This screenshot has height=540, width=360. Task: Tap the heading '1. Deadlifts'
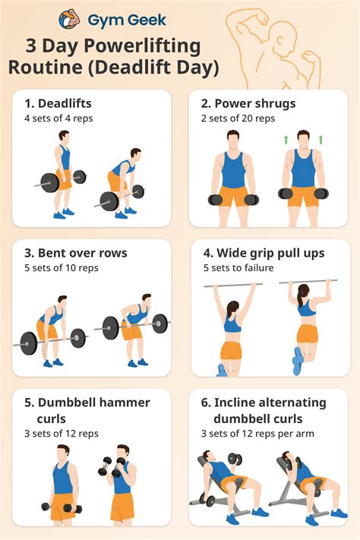(60, 103)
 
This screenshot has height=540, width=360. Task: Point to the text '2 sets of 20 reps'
(239, 118)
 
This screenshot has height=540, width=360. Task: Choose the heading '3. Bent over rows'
(74, 252)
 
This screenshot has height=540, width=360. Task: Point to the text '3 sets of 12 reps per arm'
(257, 434)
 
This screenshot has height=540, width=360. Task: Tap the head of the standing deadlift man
(64, 137)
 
